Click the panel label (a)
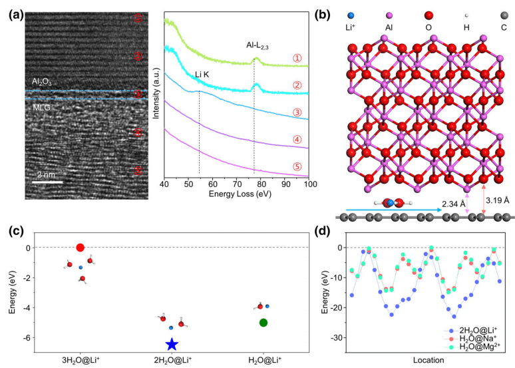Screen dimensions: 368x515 (x=13, y=12)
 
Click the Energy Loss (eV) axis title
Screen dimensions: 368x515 (x=236, y=192)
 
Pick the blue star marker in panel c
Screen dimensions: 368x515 (x=172, y=344)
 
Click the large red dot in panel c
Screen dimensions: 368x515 (x=81, y=248)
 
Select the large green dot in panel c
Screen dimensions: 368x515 (x=263, y=323)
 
